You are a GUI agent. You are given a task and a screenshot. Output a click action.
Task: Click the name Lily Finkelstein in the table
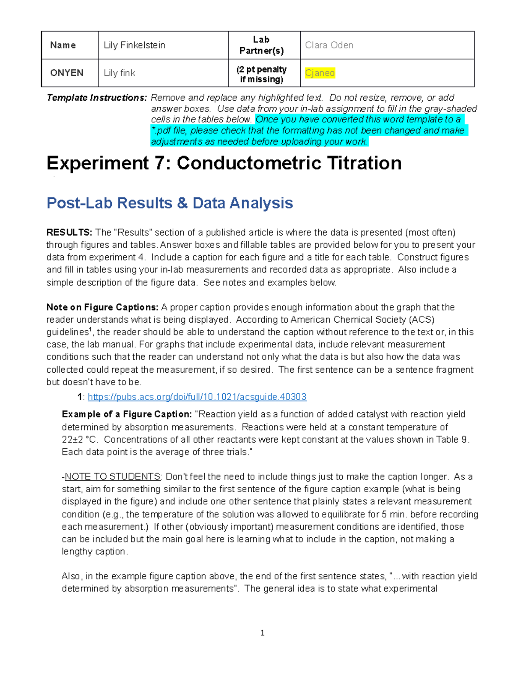(134, 45)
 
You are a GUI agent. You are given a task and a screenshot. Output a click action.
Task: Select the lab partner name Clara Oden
(329, 45)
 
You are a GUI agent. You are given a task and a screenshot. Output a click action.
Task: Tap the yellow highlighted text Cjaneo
(320, 73)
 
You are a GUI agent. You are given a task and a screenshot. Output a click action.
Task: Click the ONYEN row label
(67, 73)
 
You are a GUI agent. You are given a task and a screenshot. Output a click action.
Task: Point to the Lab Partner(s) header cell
(261, 45)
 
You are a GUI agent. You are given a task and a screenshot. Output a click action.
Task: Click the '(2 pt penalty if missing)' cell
(261, 74)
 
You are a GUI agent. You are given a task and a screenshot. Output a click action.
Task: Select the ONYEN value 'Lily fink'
(119, 73)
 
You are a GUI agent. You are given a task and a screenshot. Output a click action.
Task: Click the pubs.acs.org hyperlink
(197, 397)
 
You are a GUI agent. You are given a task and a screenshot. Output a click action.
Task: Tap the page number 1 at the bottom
(262, 633)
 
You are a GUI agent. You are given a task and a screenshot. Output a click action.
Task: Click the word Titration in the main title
(357, 163)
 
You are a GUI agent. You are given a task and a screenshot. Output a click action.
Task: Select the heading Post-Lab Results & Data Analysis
(170, 203)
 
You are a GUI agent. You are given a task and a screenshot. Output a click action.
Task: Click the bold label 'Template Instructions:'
(96, 98)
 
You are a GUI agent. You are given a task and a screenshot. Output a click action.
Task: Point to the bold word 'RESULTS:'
(69, 233)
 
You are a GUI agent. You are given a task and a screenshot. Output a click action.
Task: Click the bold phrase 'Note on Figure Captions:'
(102, 307)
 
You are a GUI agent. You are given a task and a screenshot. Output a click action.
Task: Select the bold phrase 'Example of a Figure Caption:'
(127, 414)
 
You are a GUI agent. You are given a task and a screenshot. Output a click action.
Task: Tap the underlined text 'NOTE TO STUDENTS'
(113, 477)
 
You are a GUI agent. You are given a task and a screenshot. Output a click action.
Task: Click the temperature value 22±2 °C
(78, 440)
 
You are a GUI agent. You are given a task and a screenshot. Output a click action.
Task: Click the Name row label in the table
(63, 45)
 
